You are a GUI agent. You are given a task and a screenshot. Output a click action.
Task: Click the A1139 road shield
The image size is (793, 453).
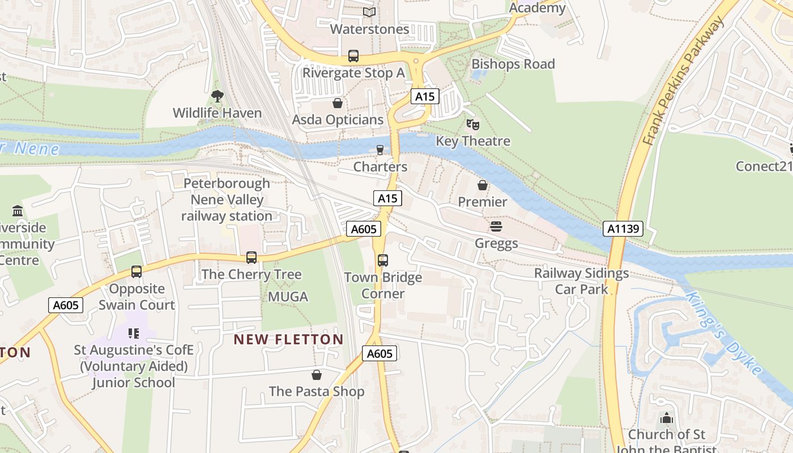623,229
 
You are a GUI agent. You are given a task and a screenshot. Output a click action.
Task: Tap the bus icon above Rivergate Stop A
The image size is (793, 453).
353,56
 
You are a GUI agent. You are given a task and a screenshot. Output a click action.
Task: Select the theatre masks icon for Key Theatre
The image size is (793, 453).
472,125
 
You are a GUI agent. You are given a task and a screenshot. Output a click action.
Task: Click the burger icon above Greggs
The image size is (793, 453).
496,227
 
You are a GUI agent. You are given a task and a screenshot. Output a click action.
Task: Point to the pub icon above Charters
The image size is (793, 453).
380,150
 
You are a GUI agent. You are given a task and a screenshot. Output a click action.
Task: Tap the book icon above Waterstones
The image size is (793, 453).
369,12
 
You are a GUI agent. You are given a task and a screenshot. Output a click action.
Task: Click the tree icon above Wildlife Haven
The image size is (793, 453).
217,96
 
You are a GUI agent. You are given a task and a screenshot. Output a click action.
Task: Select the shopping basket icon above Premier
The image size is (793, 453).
483,185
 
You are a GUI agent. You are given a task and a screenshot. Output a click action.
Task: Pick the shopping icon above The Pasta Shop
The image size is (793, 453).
317,375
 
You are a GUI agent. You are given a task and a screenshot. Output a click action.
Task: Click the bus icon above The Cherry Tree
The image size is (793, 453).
251,258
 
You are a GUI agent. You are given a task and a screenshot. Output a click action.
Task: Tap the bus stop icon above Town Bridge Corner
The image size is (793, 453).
383,260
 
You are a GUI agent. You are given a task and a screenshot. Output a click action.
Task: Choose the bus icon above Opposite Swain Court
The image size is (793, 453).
137,272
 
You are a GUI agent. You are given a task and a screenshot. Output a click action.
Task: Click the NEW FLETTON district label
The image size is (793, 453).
288,340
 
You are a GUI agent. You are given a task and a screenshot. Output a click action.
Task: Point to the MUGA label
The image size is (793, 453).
288,297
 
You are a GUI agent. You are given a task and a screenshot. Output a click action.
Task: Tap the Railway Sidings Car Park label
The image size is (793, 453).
581,281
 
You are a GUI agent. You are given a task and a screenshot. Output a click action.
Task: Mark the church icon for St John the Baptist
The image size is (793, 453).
667,418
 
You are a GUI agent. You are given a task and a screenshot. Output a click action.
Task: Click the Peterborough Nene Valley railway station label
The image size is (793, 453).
227,200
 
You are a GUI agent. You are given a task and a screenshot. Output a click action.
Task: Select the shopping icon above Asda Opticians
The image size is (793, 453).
338,103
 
